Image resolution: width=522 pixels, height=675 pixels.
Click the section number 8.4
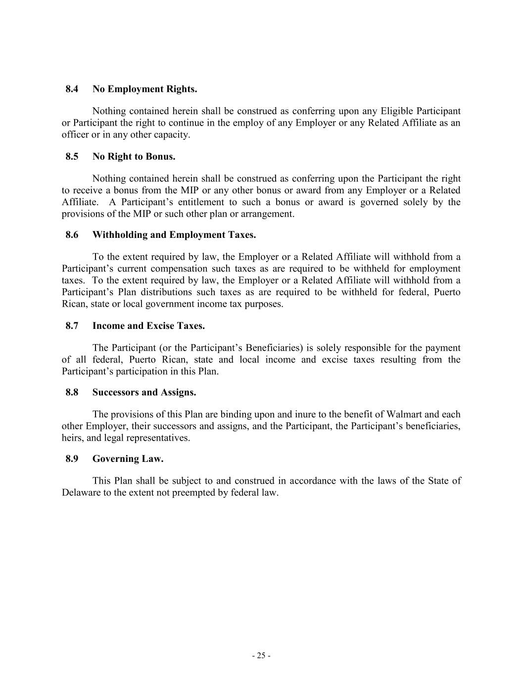pyautogui.click(x=72, y=89)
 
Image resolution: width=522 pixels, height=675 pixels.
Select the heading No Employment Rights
pyautogui.click(x=144, y=89)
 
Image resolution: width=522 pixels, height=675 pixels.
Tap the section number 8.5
pyautogui.click(x=72, y=157)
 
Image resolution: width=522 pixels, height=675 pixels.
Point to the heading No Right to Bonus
pyautogui.click(x=134, y=157)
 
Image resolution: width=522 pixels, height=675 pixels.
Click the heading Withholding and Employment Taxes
pyautogui.click(x=174, y=235)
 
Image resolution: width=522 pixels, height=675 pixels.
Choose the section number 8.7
pyautogui.click(x=72, y=326)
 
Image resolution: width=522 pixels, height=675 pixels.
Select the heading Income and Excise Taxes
pyautogui.click(x=148, y=326)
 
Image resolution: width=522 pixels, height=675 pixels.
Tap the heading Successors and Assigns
pyautogui.click(x=144, y=393)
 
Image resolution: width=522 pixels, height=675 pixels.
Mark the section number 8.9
pyautogui.click(x=72, y=459)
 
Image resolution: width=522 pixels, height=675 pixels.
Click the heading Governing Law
pyautogui.click(x=128, y=459)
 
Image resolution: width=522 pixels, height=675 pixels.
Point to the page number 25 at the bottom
pyautogui.click(x=261, y=656)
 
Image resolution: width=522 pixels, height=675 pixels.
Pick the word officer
pyautogui.click(x=75, y=135)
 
